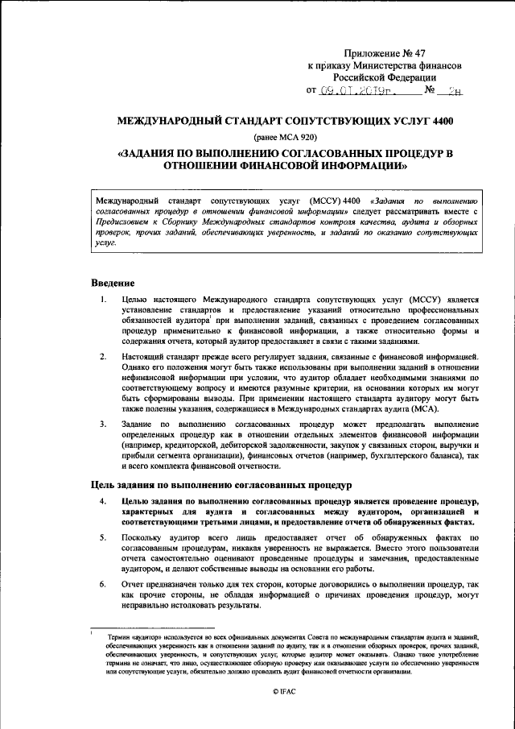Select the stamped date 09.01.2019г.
pyautogui.click(x=360, y=91)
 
